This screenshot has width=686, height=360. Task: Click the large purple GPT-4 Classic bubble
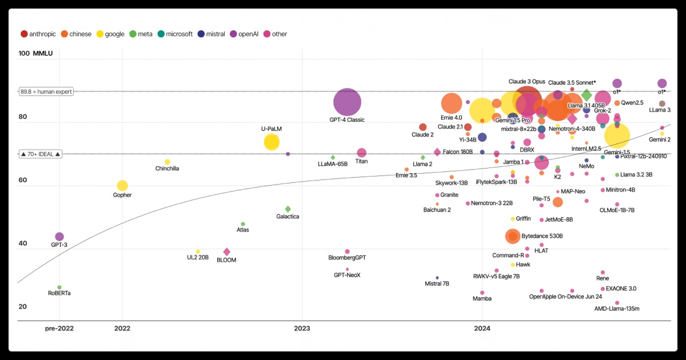tap(347, 103)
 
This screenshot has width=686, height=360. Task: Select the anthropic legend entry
tap(39, 34)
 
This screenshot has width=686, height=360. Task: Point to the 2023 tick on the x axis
tap(302, 328)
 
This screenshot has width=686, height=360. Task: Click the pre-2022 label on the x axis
tap(59, 328)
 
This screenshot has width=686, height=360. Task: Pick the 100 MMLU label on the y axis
tap(35, 54)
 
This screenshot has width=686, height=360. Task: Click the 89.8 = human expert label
tap(46, 91)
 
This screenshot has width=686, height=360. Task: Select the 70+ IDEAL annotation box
tap(40, 154)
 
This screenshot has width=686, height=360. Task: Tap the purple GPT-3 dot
tap(59, 237)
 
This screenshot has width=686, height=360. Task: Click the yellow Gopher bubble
tap(122, 186)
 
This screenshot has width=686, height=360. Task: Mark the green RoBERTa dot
tap(59, 287)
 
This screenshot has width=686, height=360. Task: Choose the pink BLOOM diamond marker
tap(226, 252)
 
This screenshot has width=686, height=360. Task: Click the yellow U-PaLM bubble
tap(272, 142)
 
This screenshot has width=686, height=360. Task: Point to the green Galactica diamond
tap(288, 209)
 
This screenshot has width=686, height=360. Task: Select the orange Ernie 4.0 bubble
tap(452, 103)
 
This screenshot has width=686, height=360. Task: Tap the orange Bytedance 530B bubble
tap(513, 236)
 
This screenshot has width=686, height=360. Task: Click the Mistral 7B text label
tap(437, 284)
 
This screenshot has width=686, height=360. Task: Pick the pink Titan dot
tap(361, 153)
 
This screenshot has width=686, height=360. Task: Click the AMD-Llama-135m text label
tap(617, 309)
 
